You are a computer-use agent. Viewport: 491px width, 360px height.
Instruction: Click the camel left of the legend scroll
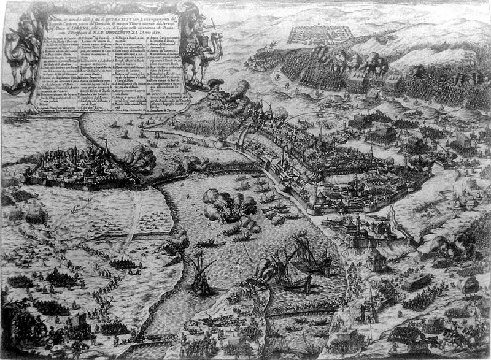(x=18, y=55)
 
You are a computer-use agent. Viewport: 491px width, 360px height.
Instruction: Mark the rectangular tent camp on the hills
(x=319, y=34)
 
